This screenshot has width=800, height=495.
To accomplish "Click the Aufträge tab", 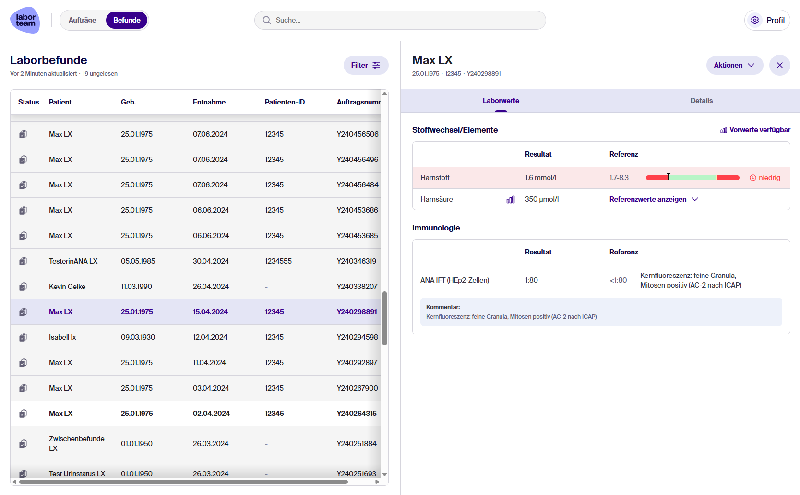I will point(82,20).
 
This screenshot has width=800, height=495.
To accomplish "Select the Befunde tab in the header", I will point(127,20).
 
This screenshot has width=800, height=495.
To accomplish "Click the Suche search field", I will point(400,20).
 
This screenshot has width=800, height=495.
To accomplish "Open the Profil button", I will point(767,20).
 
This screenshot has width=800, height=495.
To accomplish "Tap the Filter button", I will point(366,65).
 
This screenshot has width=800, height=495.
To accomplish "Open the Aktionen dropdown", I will point(734,65).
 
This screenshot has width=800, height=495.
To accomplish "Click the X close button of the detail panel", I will point(779,65).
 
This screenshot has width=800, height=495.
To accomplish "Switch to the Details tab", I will point(701,101).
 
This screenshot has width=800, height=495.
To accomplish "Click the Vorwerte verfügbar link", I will point(755,130).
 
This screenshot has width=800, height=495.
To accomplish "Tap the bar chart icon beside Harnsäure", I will point(511,199).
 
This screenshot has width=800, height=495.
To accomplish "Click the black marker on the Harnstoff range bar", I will point(669,176).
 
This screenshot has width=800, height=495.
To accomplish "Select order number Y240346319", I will point(357,261).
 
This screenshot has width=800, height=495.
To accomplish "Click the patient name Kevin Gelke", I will point(67,287).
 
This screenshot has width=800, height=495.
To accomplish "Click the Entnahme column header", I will point(209,102).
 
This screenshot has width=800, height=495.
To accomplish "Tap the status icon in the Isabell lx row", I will point(23,337).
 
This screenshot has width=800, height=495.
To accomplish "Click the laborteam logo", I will point(25,20).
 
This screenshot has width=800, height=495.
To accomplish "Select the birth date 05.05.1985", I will point(138,261).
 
